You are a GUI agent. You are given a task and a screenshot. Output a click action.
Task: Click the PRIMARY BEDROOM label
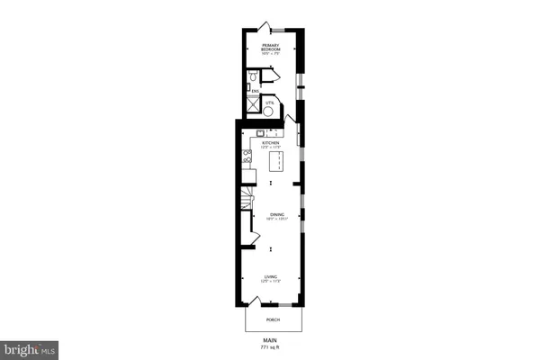click(x=270, y=46)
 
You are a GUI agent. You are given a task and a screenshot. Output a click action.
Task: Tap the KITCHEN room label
click(x=270, y=142)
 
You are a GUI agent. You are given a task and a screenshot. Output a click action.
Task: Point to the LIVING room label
click(x=270, y=276)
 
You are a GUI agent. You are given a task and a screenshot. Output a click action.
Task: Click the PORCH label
click(x=270, y=319)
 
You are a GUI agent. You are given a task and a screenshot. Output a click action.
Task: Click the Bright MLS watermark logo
click(x=30, y=346)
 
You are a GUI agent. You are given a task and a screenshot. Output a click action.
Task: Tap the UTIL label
click(x=280, y=103)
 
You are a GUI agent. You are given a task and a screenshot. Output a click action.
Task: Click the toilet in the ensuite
click(x=256, y=77)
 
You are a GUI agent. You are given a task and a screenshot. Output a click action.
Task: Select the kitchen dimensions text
click(x=270, y=148)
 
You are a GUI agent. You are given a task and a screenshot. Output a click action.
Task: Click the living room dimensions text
click(x=270, y=282)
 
